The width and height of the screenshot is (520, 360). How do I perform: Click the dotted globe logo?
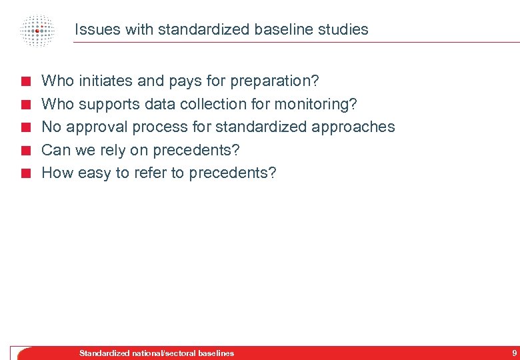37,31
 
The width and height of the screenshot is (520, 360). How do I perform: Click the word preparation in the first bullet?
274,81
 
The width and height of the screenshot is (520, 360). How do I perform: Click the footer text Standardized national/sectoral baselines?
157,353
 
